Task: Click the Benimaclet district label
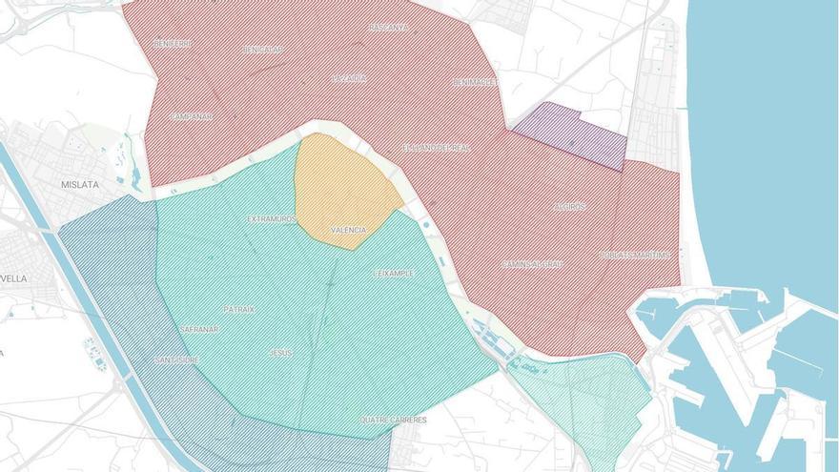pyautogui.click(x=475, y=82)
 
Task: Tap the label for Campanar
pyautogui.click(x=191, y=116)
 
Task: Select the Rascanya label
pyautogui.click(x=388, y=28)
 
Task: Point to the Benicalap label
pyautogui.click(x=263, y=49)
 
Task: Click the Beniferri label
pyautogui.click(x=173, y=44)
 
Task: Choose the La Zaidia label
pyautogui.click(x=348, y=78)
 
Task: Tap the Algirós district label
pyautogui.click(x=569, y=207)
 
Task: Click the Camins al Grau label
pyautogui.click(x=533, y=264)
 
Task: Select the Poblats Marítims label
pyautogui.click(x=635, y=255)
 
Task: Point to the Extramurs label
pyautogui.click(x=272, y=219)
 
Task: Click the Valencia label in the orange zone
pyautogui.click(x=348, y=231)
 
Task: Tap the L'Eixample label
pyautogui.click(x=393, y=274)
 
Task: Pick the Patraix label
pyautogui.click(x=238, y=309)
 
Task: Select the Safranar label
pyautogui.click(x=199, y=329)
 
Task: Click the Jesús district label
pyautogui.click(x=280, y=353)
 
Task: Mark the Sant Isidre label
pyautogui.click(x=176, y=359)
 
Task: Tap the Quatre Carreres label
pyautogui.click(x=393, y=420)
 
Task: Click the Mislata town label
pyautogui.click(x=80, y=185)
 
